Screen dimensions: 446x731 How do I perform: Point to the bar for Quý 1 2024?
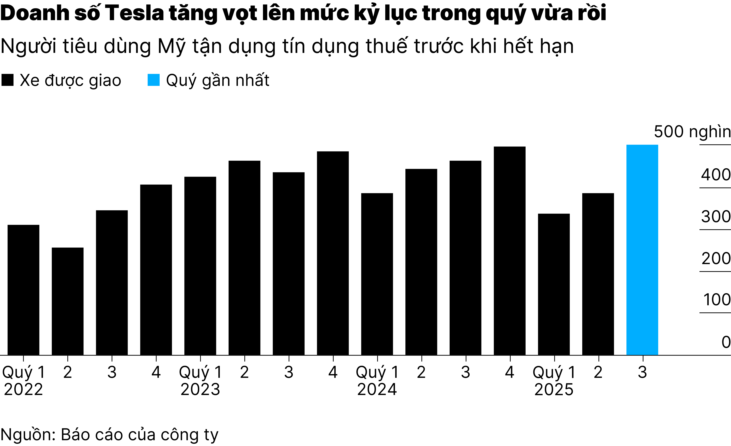377,274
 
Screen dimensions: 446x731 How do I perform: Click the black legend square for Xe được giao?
7,80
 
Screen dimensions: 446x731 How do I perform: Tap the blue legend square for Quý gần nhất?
154,80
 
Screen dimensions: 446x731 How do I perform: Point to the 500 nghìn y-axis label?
692,132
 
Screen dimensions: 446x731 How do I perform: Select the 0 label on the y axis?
726,342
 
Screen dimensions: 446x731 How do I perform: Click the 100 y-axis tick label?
716,300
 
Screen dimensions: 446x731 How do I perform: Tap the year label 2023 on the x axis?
200,389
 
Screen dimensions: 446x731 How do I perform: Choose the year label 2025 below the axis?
554,389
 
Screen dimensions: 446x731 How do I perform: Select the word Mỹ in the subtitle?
171,46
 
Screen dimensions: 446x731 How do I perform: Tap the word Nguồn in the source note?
28,435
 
